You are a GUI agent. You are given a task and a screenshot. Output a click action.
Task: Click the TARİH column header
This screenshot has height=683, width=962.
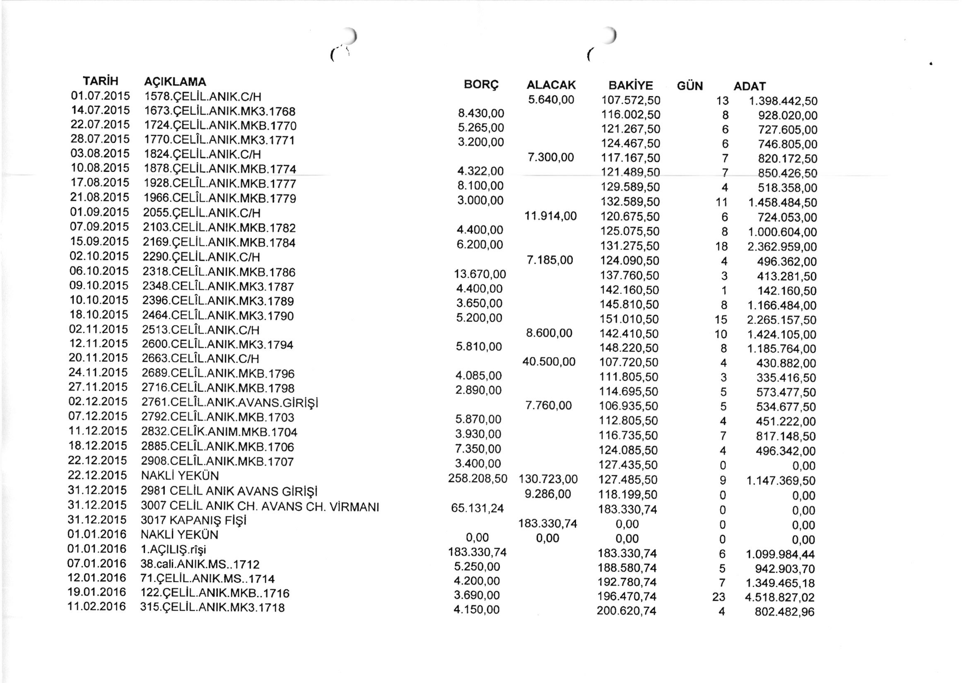pyautogui.click(x=101, y=81)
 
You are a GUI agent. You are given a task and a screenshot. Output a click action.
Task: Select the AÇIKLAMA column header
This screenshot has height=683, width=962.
pyautogui.click(x=175, y=81)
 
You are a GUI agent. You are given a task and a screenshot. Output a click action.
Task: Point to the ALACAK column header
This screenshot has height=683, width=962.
pyautogui.click(x=551, y=85)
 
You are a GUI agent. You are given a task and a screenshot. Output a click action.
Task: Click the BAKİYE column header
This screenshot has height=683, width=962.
pyautogui.click(x=631, y=85)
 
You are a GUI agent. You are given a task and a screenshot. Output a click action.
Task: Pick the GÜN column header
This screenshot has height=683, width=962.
pyautogui.click(x=690, y=86)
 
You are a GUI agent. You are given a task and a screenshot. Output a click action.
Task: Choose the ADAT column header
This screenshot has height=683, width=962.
pyautogui.click(x=750, y=86)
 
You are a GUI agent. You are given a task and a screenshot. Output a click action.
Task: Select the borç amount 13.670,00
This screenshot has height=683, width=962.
pyautogui.click(x=480, y=275)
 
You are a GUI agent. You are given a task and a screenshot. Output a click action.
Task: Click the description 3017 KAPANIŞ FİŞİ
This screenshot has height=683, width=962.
pyautogui.click(x=193, y=520)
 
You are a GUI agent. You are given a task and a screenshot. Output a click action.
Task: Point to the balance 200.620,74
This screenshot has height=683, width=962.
pyautogui.click(x=627, y=611)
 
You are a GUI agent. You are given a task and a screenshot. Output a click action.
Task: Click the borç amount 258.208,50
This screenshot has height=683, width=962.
pyautogui.click(x=478, y=479)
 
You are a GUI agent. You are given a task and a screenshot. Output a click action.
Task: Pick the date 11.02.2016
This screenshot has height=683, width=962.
pyautogui.click(x=97, y=606)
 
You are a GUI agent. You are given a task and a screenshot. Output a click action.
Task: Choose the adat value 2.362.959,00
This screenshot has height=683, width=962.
pyautogui.click(x=782, y=246)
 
